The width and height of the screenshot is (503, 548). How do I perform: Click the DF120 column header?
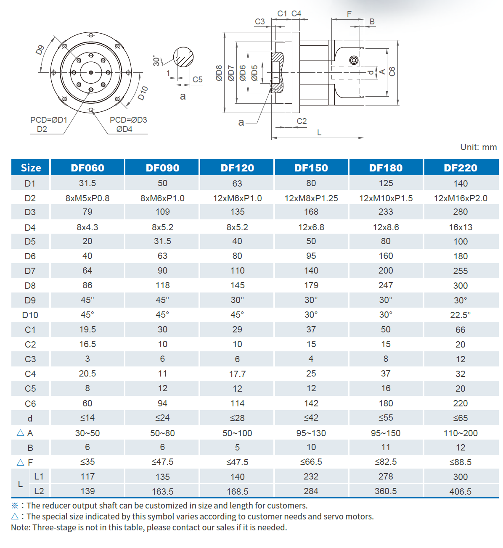pyautogui.click(x=237, y=168)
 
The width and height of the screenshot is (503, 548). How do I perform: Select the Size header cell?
pyautogui.click(x=31, y=168)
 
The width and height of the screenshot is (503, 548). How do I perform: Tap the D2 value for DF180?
pyautogui.click(x=386, y=198)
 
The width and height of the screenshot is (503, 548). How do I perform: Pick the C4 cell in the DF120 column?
pyautogui.click(x=237, y=374)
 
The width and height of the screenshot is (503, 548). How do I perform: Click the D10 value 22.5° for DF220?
pyautogui.click(x=460, y=315)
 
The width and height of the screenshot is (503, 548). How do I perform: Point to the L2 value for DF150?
pyautogui.click(x=311, y=491)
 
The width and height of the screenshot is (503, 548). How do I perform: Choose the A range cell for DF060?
pyautogui.click(x=87, y=433)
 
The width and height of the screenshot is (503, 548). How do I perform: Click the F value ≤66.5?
pyautogui.click(x=311, y=462)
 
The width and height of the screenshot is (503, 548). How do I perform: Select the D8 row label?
pyautogui.click(x=30, y=286)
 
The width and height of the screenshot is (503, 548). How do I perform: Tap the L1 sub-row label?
pyautogui.click(x=39, y=476)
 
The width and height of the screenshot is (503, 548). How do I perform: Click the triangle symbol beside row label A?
pyautogui.click(x=20, y=432)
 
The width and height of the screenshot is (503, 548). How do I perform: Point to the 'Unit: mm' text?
pyautogui.click(x=478, y=147)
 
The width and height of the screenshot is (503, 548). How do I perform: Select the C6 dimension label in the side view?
pyautogui.click(x=392, y=71)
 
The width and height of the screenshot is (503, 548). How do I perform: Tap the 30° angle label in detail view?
pyautogui.click(x=156, y=61)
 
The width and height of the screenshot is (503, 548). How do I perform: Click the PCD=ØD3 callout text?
pyautogui.click(x=128, y=120)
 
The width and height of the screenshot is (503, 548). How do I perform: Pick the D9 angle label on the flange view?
pyautogui.click(x=40, y=50)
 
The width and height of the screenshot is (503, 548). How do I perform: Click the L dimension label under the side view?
pyautogui.click(x=319, y=132)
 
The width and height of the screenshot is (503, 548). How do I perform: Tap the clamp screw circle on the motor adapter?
pyautogui.click(x=354, y=61)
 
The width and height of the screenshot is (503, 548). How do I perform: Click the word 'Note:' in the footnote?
pyautogui.click(x=21, y=527)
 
